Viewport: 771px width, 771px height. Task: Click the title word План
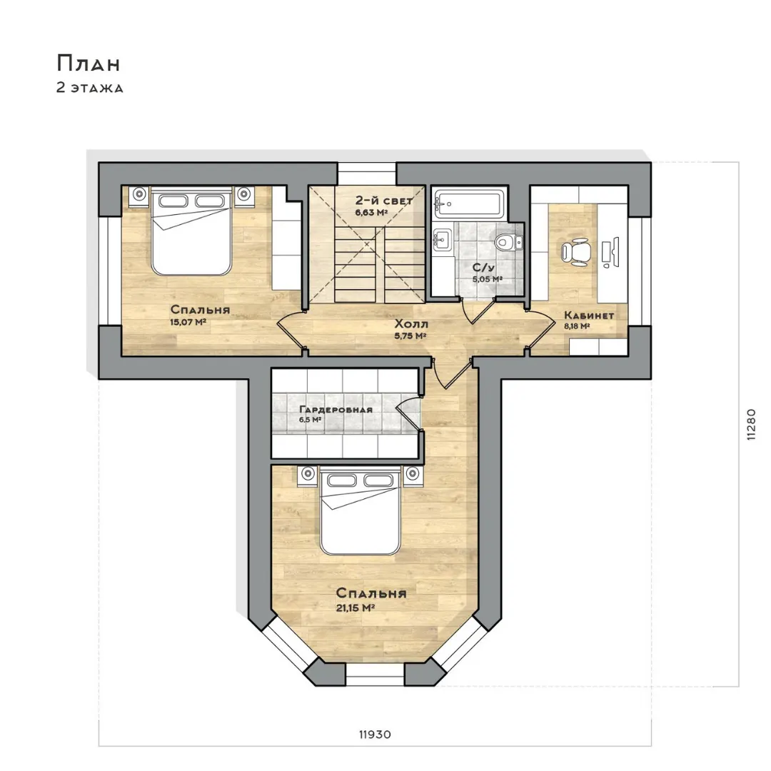coord(89,63)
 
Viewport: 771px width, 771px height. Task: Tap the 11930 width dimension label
coord(375,735)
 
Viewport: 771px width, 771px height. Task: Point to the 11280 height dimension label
coord(751,424)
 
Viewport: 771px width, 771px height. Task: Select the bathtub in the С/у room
coord(468,203)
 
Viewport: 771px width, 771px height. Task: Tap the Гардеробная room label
coord(336,410)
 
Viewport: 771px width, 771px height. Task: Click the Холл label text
coord(412,324)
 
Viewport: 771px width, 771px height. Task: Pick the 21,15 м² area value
coord(356,608)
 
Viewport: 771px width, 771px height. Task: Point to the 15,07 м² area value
coord(188,323)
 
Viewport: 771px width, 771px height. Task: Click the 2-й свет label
coord(384,201)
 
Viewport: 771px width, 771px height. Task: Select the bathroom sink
coord(442,241)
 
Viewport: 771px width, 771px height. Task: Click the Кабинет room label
coord(589,316)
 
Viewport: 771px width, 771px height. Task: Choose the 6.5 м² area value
coord(311,420)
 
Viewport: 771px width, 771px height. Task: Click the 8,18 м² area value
coord(577,326)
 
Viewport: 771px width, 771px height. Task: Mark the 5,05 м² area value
coord(488,279)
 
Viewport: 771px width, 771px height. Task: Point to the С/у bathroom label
coord(483,268)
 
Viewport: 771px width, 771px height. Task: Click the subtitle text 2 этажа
coord(89,88)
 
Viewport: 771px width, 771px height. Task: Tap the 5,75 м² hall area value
coord(410,336)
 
